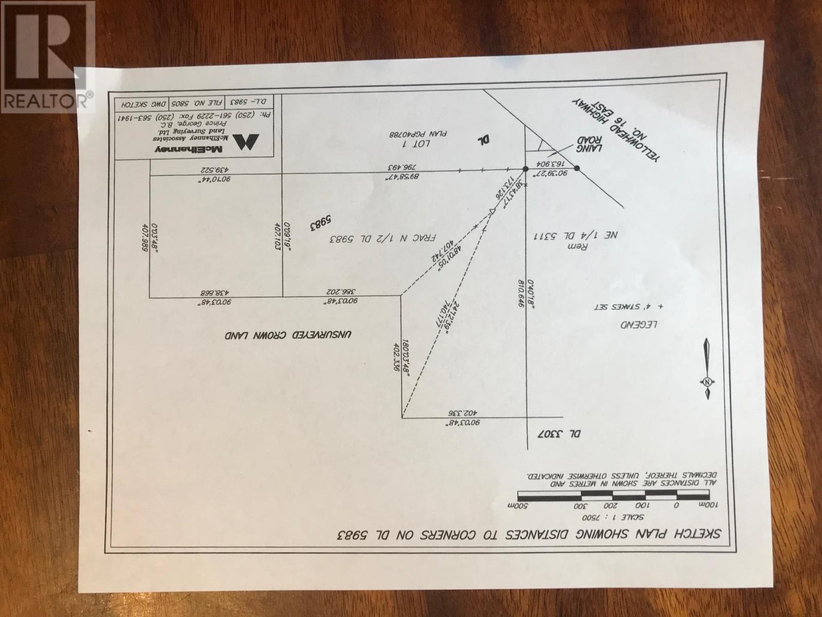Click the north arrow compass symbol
pyautogui.click(x=707, y=368)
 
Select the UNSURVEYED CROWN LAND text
pyautogui.click(x=288, y=335)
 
